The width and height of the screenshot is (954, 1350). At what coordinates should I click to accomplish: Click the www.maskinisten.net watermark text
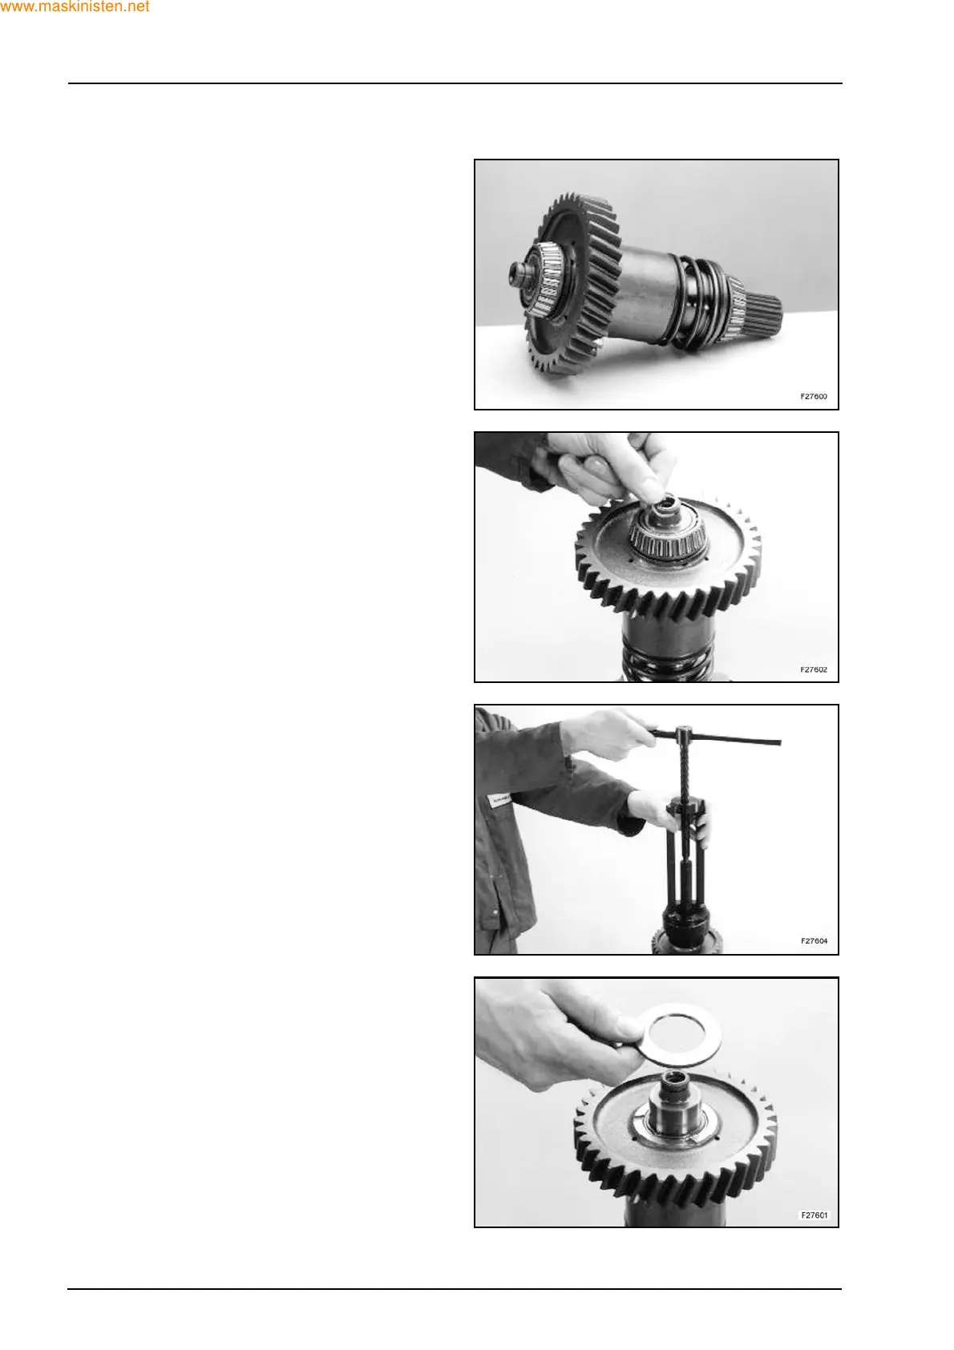[x=75, y=7]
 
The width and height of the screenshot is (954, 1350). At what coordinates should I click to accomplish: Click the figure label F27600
[x=813, y=397]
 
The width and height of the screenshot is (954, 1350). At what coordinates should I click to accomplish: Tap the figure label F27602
[x=813, y=669]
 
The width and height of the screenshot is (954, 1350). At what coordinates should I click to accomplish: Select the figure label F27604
[x=814, y=941]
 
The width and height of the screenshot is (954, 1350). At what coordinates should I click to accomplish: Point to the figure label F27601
[x=814, y=1215]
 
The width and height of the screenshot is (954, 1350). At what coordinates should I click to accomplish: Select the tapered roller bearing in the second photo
[x=669, y=536]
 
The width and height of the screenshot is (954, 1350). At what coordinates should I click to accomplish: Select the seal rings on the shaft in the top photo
[x=702, y=305]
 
